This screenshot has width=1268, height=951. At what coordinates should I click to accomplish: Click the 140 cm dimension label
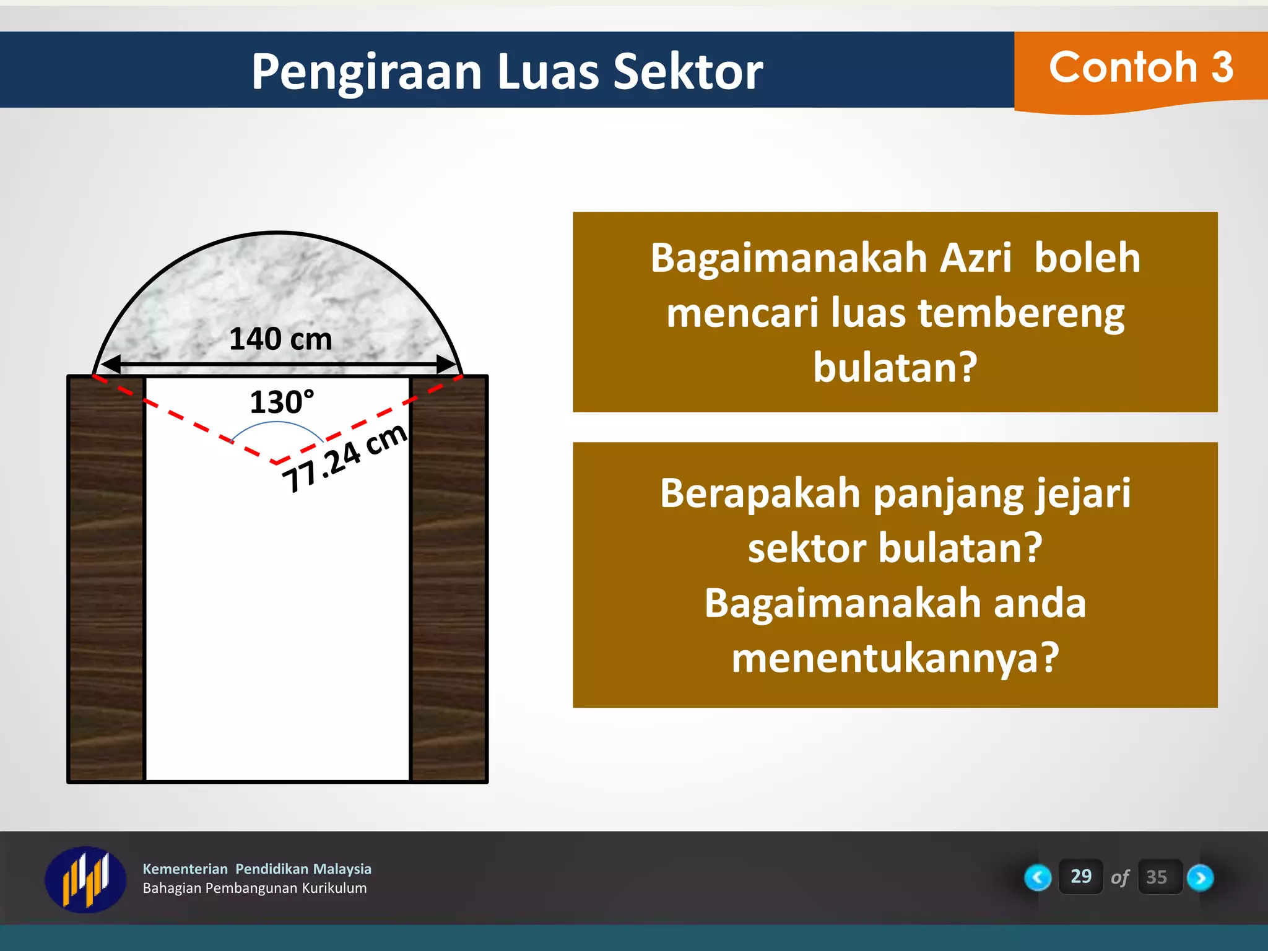click(280, 339)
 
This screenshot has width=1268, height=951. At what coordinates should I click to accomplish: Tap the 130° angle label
click(282, 402)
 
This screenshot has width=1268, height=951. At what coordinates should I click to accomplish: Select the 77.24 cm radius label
click(344, 459)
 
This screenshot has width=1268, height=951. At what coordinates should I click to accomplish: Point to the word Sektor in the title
click(687, 72)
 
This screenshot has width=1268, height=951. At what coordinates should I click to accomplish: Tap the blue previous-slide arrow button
click(1038, 877)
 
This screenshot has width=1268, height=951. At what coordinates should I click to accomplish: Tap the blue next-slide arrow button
click(1200, 877)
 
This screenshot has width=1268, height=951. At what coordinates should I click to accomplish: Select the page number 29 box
click(1080, 876)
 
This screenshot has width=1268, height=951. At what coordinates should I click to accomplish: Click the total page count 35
click(1156, 877)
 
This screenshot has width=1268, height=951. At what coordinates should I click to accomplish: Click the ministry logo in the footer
click(85, 879)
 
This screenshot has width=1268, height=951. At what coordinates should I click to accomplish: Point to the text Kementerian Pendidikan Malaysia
click(257, 869)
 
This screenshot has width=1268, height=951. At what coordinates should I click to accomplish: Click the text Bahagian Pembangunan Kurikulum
click(254, 888)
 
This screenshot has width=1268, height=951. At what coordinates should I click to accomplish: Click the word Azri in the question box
click(975, 258)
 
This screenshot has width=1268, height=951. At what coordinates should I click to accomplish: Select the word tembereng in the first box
click(1020, 313)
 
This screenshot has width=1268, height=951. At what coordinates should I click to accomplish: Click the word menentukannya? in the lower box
click(895, 658)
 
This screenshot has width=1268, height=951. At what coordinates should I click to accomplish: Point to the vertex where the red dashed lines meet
click(276, 462)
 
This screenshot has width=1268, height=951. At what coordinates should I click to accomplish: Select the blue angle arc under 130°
click(277, 423)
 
